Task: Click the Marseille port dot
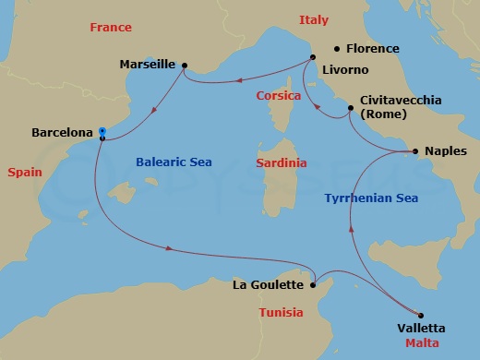[x=185, y=65]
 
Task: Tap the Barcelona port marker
[x=102, y=135]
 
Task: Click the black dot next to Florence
[x=337, y=48]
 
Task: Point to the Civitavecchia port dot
[x=350, y=109]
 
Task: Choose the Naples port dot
[x=414, y=150]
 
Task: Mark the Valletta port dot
[x=421, y=314]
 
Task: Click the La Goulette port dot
[x=315, y=284]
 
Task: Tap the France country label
[x=111, y=28]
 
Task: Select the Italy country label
[x=314, y=19]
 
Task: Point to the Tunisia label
[x=280, y=312]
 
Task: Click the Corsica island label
[x=280, y=95]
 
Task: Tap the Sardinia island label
[x=281, y=162]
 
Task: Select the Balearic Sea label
[x=174, y=162]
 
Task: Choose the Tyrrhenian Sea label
[x=372, y=198]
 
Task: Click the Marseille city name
[x=148, y=65]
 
